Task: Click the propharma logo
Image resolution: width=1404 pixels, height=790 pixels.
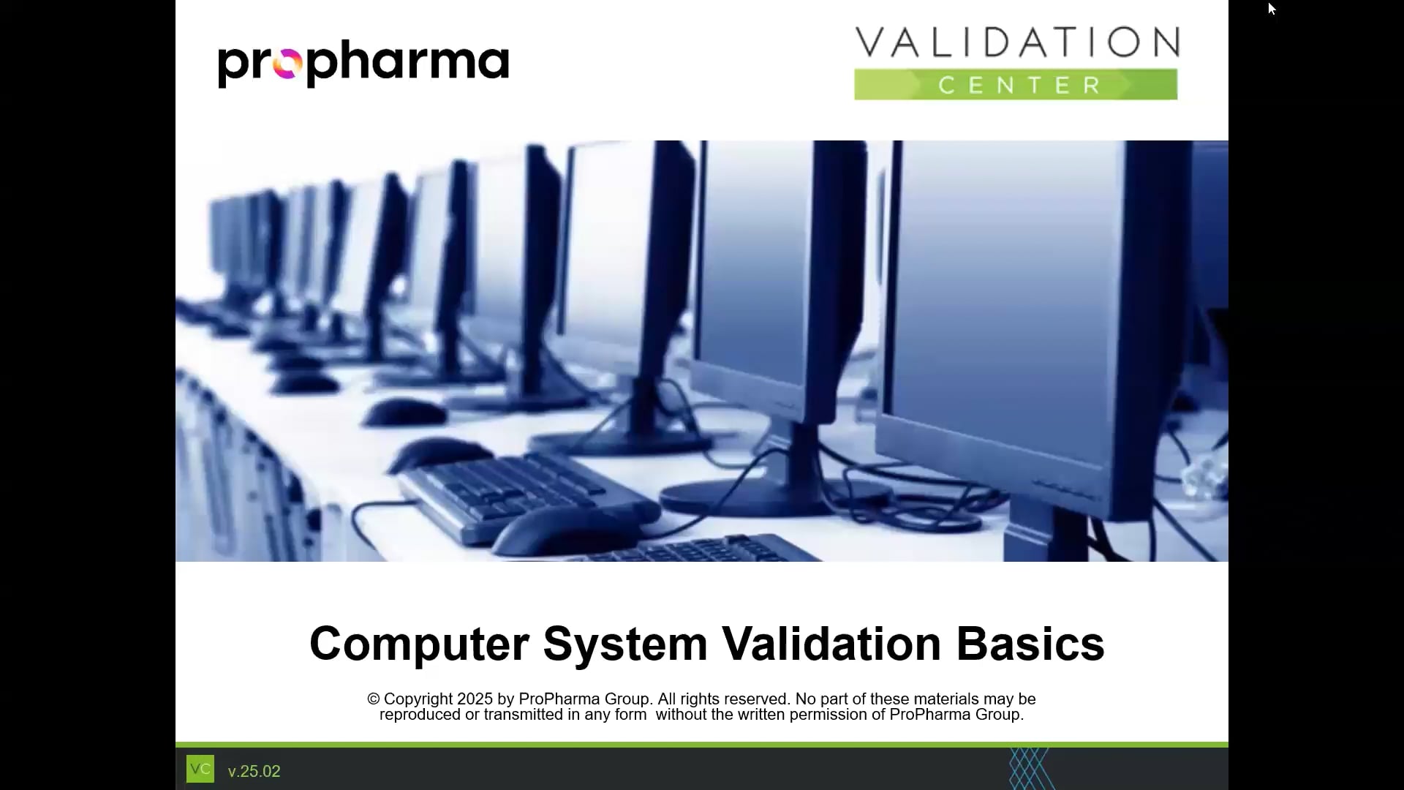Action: (363, 64)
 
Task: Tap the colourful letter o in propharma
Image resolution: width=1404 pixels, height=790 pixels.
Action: (287, 65)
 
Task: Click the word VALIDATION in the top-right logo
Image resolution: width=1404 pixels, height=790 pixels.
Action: (1016, 42)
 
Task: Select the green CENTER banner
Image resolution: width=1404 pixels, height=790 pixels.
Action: (1016, 85)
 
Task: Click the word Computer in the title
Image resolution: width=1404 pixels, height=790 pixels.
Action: (418, 644)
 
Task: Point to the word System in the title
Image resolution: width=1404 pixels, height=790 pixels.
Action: (625, 644)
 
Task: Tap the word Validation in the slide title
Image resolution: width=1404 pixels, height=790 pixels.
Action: (831, 644)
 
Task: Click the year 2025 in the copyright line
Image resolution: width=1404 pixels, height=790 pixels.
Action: (475, 699)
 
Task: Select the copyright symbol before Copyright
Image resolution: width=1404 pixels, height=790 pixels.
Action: (374, 699)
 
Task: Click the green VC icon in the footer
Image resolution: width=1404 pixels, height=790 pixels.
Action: (200, 769)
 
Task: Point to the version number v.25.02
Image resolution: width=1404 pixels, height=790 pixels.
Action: (254, 772)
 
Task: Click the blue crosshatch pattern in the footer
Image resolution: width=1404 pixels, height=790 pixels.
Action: (1029, 768)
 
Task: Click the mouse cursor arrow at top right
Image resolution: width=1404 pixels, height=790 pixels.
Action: (1272, 9)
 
